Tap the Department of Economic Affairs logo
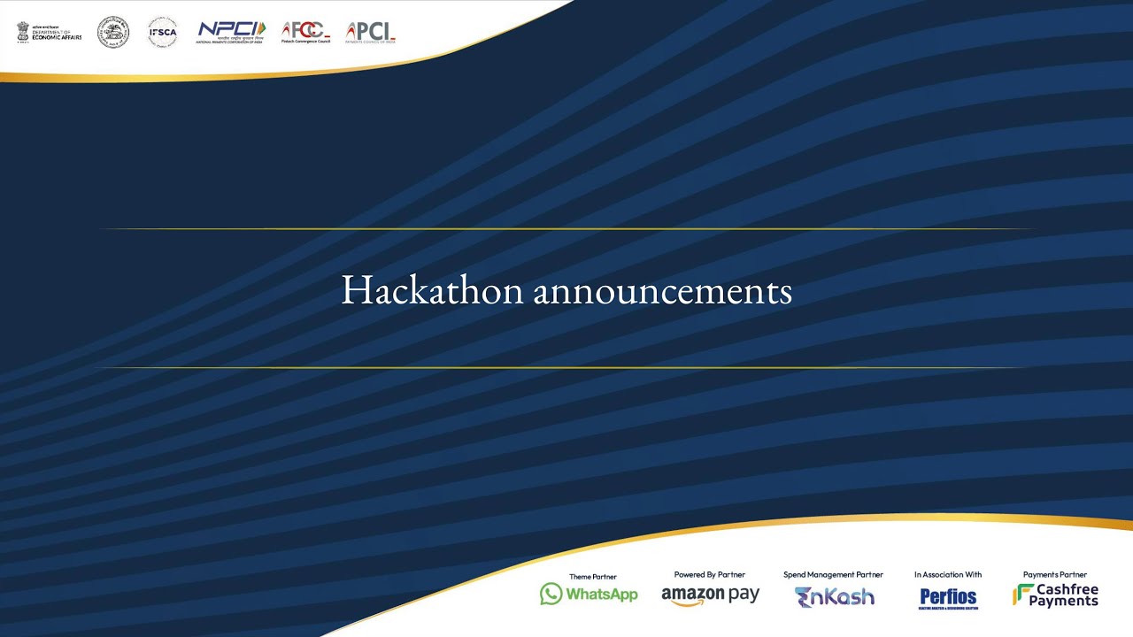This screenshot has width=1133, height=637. coord(50,33)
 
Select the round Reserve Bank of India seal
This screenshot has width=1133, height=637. coord(113,32)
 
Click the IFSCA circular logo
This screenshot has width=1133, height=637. coord(162,32)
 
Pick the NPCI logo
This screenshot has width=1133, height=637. coord(230,32)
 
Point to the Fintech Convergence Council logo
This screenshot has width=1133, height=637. coord(305,33)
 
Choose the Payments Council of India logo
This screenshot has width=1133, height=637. coord(371,33)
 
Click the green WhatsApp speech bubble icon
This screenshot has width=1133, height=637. coord(551,594)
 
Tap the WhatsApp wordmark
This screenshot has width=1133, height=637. coord(602,595)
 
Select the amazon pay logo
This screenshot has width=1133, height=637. coord(710,595)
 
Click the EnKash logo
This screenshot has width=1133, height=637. coord(834,596)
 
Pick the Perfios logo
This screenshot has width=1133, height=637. coord(948,597)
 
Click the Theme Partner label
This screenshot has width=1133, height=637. coord(592,577)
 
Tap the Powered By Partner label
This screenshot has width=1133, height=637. coord(710,575)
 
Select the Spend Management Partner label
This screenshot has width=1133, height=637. coord(833,575)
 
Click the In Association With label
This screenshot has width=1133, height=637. coord(948,575)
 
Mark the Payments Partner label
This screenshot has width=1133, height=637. coord(1054,575)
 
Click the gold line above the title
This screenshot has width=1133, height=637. coord(566,229)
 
